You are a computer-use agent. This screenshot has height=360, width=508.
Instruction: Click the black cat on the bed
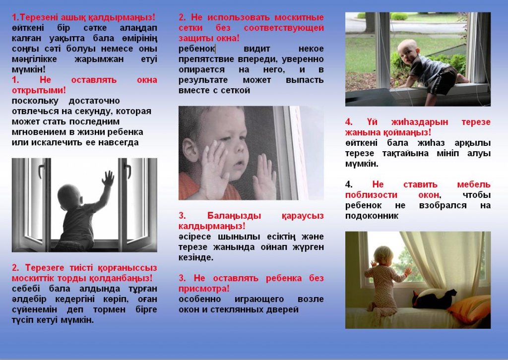(x=434, y=299)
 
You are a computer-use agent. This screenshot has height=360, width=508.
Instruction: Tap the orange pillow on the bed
(x=469, y=309)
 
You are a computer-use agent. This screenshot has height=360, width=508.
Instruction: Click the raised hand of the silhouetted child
(x=108, y=178)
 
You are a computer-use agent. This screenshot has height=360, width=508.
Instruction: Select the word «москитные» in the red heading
(x=299, y=17)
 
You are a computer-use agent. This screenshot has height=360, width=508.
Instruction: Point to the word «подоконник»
(x=372, y=216)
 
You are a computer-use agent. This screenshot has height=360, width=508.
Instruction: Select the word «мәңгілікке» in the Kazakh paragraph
(x=34, y=59)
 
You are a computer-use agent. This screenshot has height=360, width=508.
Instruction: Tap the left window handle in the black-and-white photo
(x=41, y=171)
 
